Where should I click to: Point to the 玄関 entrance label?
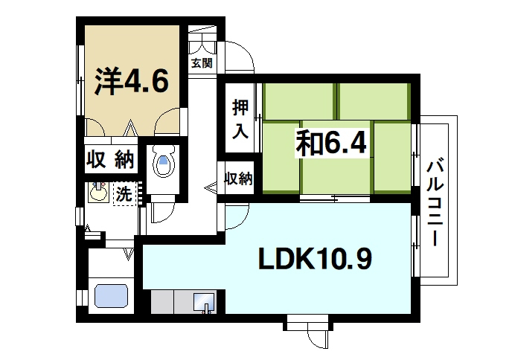[x=201, y=63]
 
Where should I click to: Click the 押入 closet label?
[x=239, y=120]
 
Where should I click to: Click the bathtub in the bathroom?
[x=112, y=296]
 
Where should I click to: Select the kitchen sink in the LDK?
[x=203, y=302]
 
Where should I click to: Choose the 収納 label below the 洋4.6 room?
[x=109, y=158]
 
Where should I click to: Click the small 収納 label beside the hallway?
[x=239, y=179]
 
